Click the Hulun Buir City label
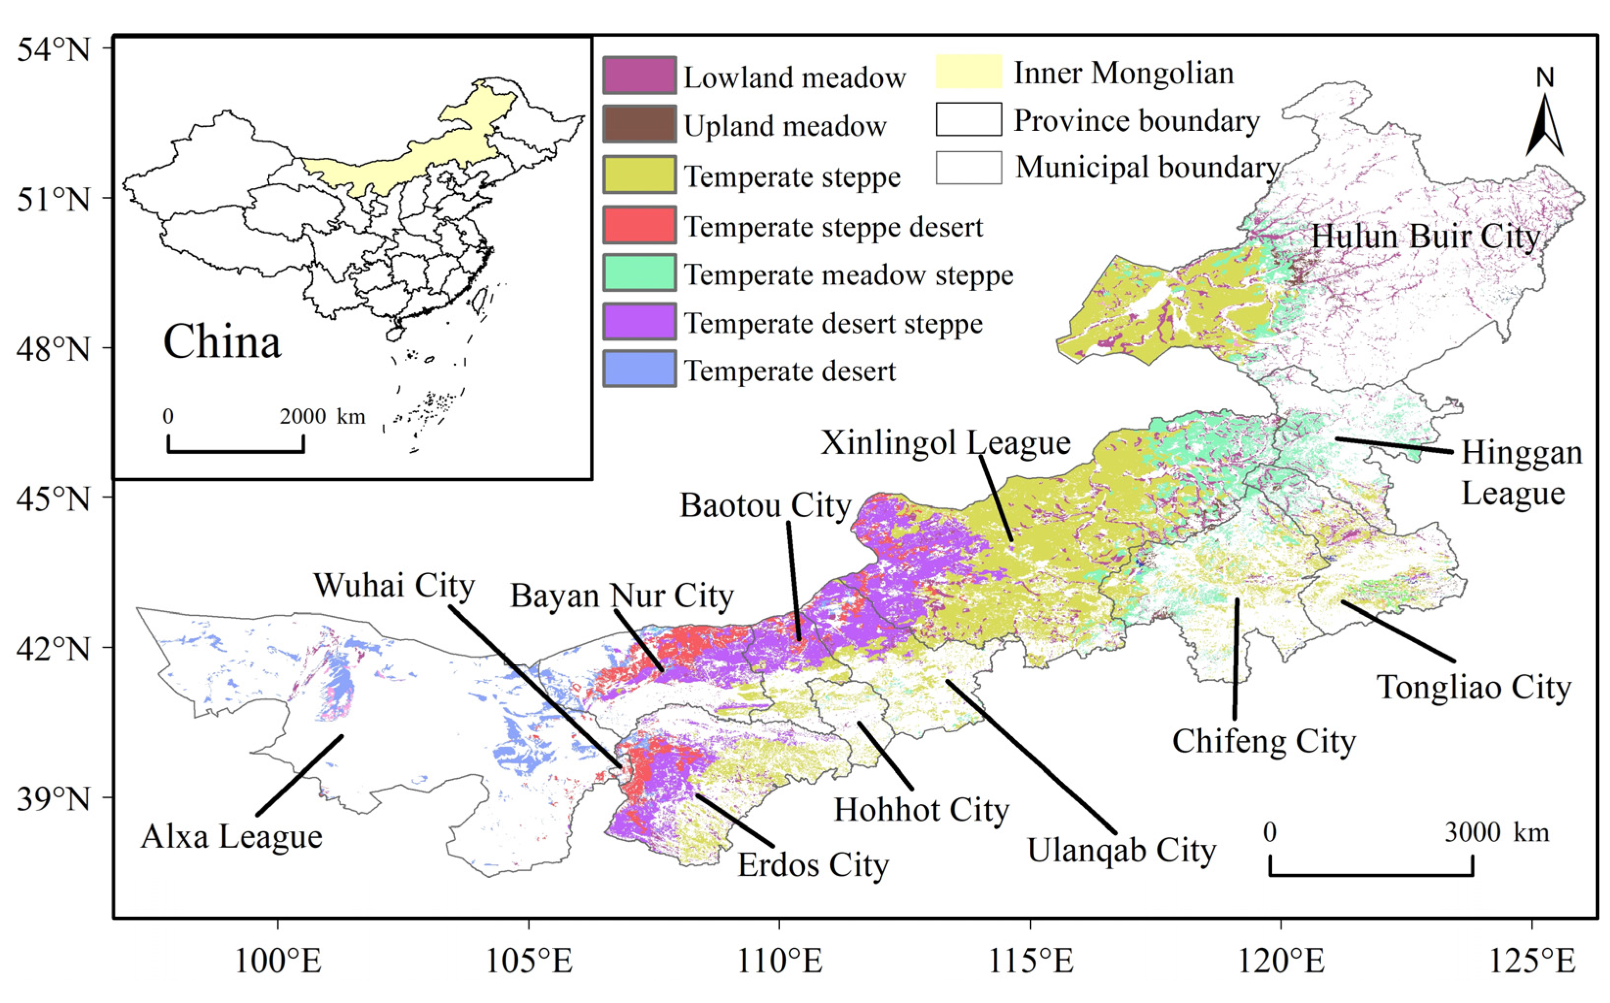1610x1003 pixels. [x=1425, y=237]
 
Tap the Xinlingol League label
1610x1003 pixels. [x=945, y=443]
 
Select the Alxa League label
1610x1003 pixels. [x=232, y=837]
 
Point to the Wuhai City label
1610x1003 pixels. [x=394, y=586]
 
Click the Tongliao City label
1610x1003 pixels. [x=1474, y=687]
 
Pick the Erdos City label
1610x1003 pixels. [x=813, y=865]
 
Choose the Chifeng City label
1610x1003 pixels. [x=1264, y=742]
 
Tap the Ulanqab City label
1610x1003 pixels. [x=1122, y=850]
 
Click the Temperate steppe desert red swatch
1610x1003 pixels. [x=639, y=225]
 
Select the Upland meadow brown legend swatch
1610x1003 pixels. [x=639, y=124]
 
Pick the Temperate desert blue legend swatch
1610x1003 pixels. [x=639, y=369]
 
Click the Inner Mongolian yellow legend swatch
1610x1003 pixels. [x=969, y=71]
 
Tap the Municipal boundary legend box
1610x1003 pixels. [x=969, y=168]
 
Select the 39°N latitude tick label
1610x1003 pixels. [x=53, y=798]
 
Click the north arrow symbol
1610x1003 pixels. [x=1544, y=123]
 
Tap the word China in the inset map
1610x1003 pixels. [x=222, y=342]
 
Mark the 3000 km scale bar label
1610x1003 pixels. [x=1496, y=833]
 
